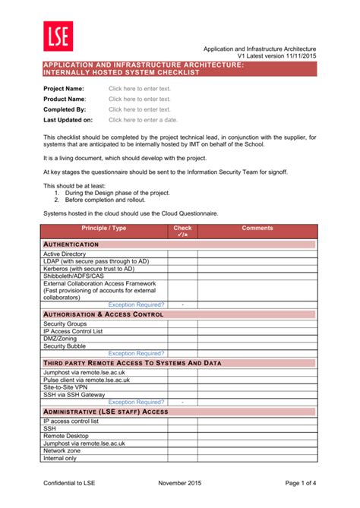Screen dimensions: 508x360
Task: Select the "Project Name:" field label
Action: pyautogui.click(x=63, y=89)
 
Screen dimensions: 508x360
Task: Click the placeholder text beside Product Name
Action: pyautogui.click(x=139, y=99)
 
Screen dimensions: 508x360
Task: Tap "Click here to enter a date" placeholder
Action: pyautogui.click(x=143, y=120)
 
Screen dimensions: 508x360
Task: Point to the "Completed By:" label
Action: pyautogui.click(x=65, y=109)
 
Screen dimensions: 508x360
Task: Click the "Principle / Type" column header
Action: pyautogui.click(x=104, y=228)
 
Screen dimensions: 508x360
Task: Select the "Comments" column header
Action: pyautogui.click(x=257, y=228)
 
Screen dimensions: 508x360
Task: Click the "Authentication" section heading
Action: pyautogui.click(x=71, y=245)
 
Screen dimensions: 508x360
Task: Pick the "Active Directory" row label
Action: pyautogui.click(x=65, y=254)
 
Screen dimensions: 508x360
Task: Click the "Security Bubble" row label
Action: pyautogui.click(x=65, y=346)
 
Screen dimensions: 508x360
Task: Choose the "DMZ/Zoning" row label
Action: pyautogui.click(x=61, y=339)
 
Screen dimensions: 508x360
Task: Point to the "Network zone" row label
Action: pyautogui.click(x=62, y=450)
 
